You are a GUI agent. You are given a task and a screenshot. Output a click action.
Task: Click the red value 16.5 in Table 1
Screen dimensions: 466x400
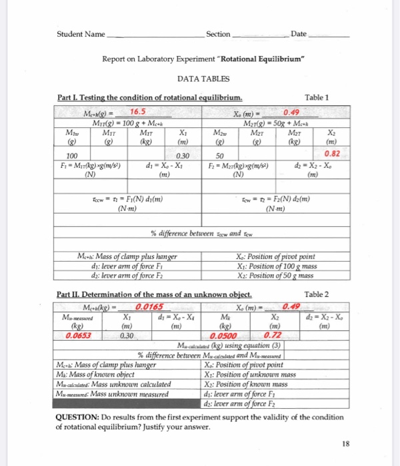(139, 111)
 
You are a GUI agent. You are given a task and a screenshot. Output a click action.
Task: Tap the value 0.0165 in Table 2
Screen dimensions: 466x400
(148, 307)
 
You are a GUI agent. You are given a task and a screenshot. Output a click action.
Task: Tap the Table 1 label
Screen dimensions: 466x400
(317, 97)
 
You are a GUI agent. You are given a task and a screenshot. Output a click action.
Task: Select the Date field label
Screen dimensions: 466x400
(299, 34)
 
